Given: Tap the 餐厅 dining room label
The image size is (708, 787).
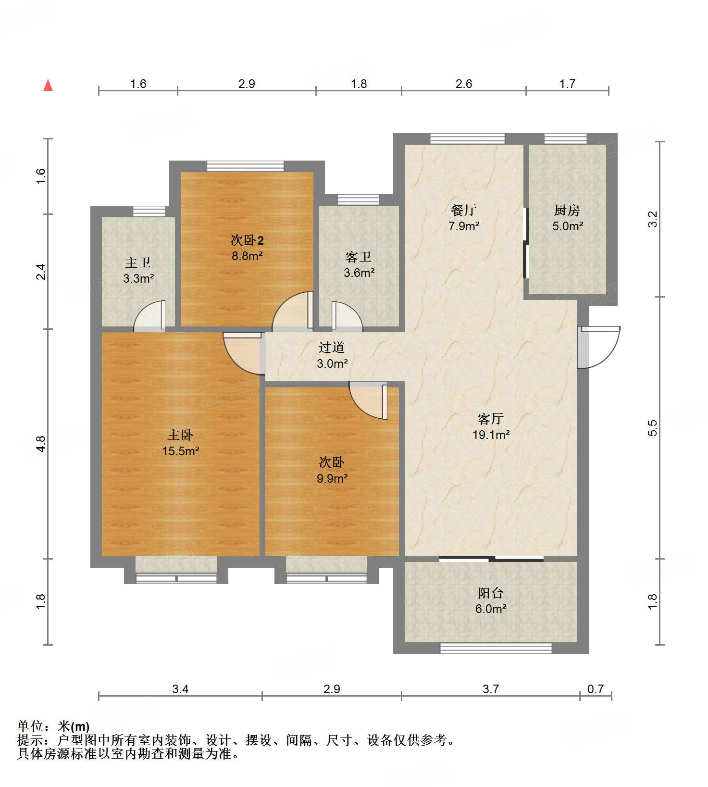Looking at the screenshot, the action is coord(464,210).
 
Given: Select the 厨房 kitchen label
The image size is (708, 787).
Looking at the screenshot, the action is coord(567,210).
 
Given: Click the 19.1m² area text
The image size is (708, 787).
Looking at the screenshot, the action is coord(491,435).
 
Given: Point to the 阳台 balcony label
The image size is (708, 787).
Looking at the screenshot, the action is coord(491,593).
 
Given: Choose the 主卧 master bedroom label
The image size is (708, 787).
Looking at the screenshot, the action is coord(180,435).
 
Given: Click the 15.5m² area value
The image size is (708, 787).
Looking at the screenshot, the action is coord(181,451).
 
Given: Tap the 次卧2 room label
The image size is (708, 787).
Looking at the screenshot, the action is coord(247,240).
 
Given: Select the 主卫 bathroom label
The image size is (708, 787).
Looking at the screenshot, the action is coord(138,262).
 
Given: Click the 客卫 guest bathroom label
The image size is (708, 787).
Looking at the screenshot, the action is coord(359,257).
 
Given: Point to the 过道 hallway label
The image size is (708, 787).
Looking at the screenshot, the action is coord(332,347).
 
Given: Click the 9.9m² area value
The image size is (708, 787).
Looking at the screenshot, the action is coord(332,478).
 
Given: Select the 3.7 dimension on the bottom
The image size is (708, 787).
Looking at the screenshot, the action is coord(491,689).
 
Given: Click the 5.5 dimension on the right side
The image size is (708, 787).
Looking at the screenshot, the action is coord(652,428).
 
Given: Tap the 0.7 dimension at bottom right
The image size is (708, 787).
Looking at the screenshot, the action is coord(596,689).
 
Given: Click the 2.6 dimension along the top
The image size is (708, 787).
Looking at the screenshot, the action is coord(464,84).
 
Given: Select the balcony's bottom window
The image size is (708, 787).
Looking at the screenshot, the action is coord(496,648).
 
